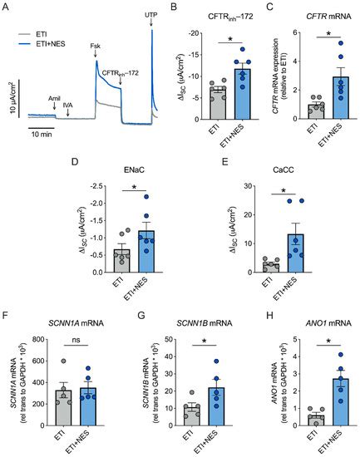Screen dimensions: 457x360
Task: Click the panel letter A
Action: [x=6, y=7]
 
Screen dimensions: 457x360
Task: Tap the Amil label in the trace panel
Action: [x=55, y=97]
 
